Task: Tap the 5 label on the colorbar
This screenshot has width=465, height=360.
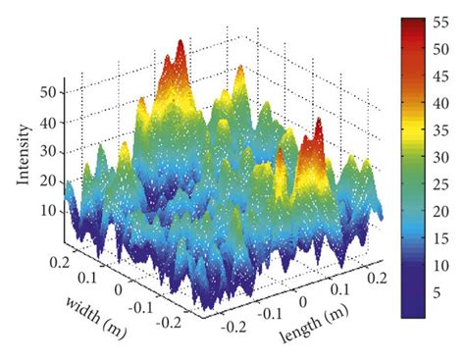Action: pyautogui.click(x=440, y=291)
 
